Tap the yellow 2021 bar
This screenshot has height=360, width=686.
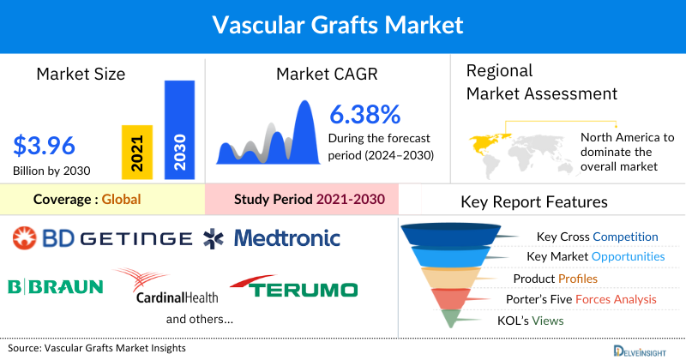click(137, 152)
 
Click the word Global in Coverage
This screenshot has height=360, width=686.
click(121, 200)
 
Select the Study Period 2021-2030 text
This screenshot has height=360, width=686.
click(310, 200)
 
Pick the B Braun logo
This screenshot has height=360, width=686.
click(55, 286)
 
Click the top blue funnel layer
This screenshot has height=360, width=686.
click(460, 234)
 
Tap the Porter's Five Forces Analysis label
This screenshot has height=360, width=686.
click(585, 299)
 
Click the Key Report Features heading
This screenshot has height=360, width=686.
click(534, 202)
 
